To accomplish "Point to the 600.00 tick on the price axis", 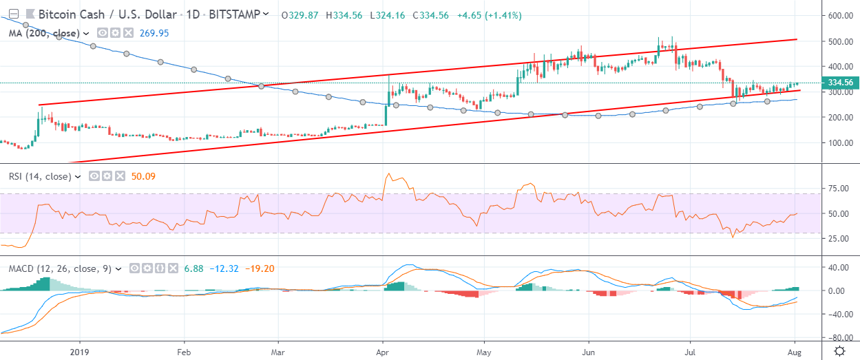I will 841,16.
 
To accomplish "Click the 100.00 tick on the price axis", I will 841,143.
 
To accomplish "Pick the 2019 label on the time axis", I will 80,350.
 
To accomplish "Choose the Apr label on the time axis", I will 382,350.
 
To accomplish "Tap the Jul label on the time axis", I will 691,350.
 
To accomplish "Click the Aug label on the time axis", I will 795,350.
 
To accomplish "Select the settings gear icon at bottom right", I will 840,350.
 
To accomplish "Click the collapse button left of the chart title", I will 12,14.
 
